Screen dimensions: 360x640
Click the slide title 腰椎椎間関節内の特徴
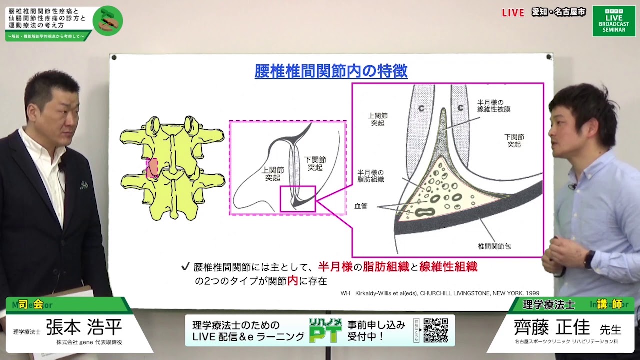coord(331,71)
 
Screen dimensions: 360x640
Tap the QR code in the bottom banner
coord(436,330)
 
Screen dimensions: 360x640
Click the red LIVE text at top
coord(513,13)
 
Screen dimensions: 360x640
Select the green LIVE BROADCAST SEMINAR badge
coord(613,21)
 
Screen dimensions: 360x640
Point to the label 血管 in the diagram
coord(361,206)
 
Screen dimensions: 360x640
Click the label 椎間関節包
coord(494,246)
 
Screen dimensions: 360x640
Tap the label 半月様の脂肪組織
coord(371,176)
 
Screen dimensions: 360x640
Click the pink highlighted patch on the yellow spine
coord(152,168)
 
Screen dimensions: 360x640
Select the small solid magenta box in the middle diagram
coord(298,199)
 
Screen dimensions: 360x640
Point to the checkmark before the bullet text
coord(185,267)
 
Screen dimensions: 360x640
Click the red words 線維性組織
coord(448,267)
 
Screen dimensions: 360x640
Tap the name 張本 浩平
coord(84,327)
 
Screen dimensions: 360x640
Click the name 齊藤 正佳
coord(552,327)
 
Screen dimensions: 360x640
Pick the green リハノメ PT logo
coord(325,330)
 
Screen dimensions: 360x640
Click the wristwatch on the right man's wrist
coord(589,259)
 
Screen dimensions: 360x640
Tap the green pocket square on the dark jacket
coord(84,185)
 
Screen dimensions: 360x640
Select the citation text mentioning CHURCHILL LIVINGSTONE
coord(440,293)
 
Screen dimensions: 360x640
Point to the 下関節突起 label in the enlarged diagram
coord(514,140)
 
